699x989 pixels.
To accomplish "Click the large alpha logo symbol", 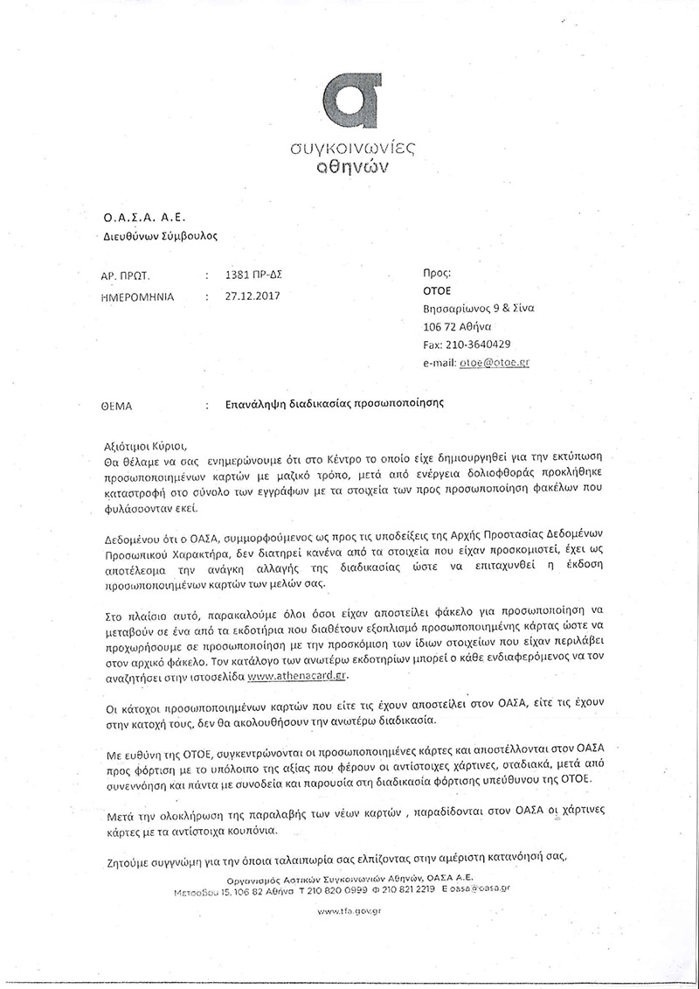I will tap(351, 99).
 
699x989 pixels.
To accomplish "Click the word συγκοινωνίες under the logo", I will tap(351, 150).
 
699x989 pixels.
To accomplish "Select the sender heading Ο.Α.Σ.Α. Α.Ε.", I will tap(146, 217).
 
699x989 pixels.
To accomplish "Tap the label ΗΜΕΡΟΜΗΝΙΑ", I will tap(138, 297).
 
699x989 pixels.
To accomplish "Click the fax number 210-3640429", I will tap(479, 344).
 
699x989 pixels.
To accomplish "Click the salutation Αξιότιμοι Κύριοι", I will tap(145, 444).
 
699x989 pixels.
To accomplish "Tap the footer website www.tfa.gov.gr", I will tap(351, 910).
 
